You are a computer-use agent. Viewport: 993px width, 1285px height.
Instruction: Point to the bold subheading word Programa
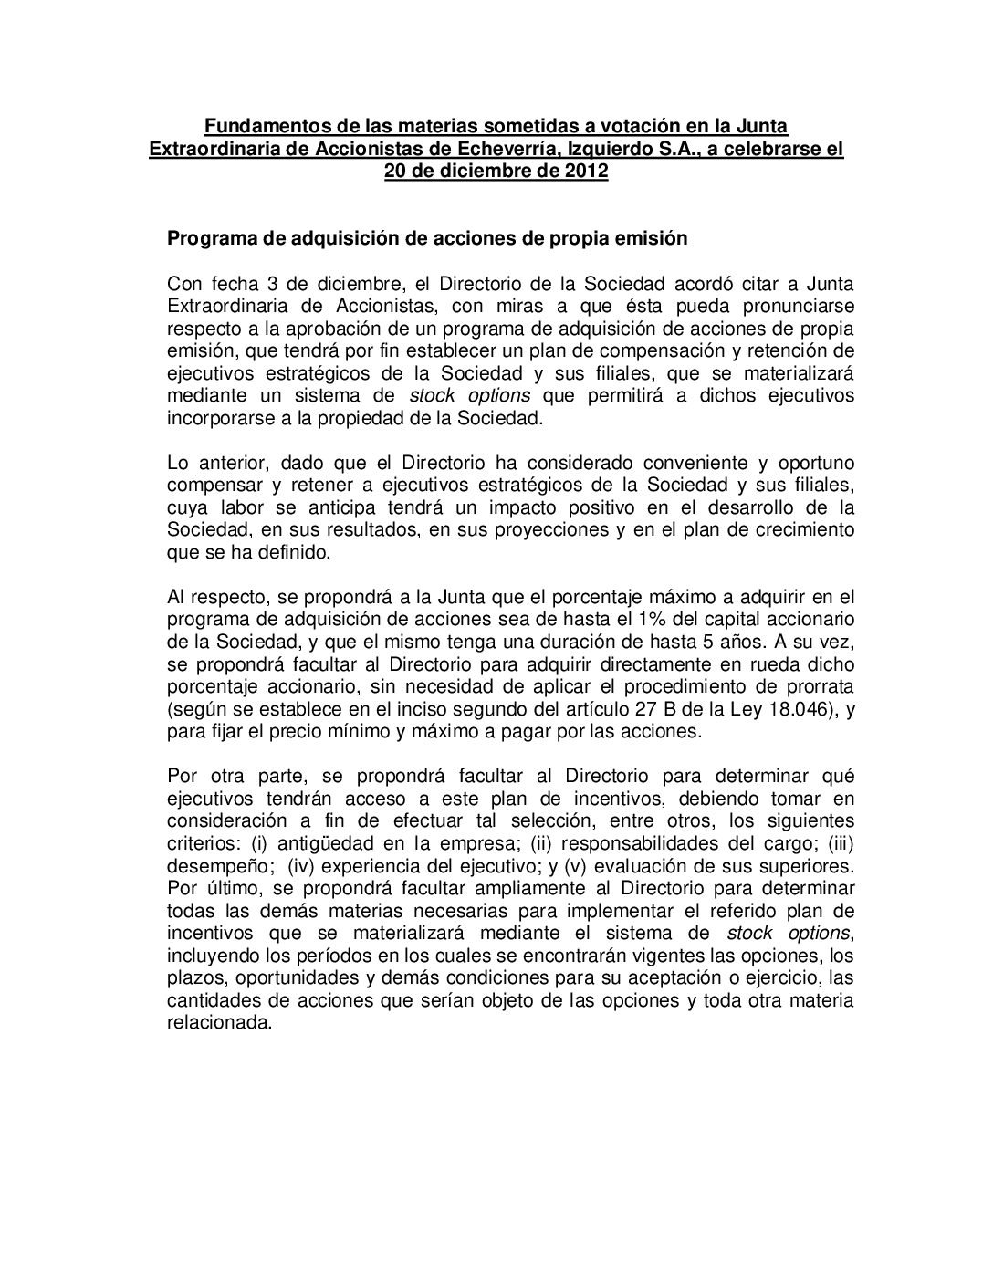click(207, 239)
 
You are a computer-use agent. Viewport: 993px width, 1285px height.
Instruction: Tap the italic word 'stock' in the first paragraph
click(433, 395)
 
